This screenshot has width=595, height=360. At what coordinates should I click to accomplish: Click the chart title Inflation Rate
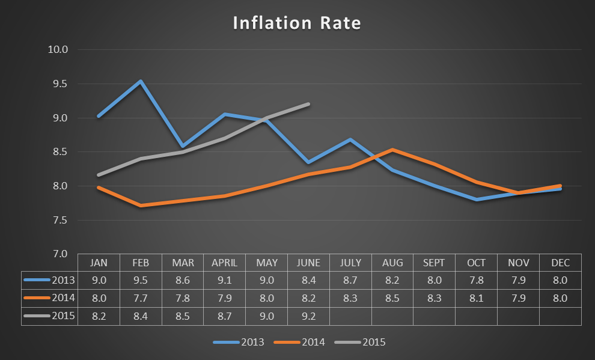click(x=297, y=23)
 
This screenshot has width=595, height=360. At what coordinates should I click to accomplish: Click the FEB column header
click(x=140, y=263)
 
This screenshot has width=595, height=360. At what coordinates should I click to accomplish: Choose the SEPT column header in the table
click(x=434, y=263)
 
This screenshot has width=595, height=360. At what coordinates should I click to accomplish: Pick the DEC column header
click(x=560, y=263)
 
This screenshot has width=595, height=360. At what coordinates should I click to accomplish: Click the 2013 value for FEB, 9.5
click(x=140, y=279)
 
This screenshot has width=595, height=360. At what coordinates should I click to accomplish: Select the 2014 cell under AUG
click(x=392, y=297)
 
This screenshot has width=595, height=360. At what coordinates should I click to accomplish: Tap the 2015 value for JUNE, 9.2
click(x=308, y=316)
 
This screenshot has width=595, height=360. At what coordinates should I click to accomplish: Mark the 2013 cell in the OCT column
click(x=476, y=279)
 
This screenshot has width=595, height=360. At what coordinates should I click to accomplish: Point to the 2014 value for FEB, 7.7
click(x=140, y=297)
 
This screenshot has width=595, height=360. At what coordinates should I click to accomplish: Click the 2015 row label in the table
click(x=63, y=316)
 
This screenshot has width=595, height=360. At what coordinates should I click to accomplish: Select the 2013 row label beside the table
click(x=63, y=279)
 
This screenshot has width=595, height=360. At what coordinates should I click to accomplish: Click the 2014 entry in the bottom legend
click(x=312, y=343)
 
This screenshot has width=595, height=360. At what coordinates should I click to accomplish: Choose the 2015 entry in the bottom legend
click(x=373, y=343)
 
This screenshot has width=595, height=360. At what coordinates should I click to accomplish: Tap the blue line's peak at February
click(x=141, y=81)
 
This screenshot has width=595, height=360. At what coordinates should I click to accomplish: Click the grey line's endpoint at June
click(x=308, y=104)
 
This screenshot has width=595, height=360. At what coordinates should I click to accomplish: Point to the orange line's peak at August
click(x=392, y=150)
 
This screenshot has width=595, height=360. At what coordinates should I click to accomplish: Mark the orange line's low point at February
click(x=141, y=206)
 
